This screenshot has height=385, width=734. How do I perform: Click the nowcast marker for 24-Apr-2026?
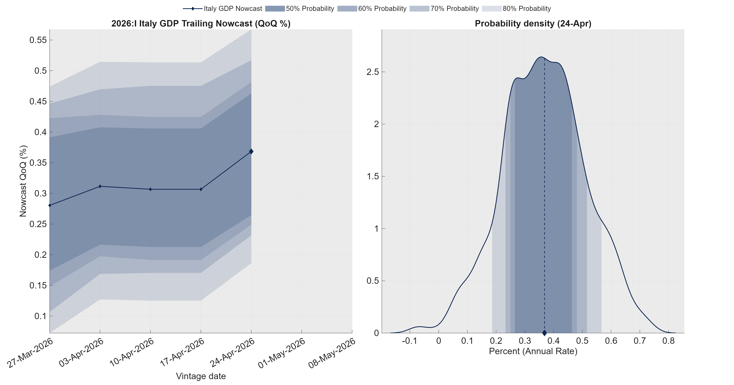pos(251,152)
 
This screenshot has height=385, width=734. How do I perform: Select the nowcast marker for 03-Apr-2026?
pos(100,186)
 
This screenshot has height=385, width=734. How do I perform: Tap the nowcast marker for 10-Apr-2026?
pos(150,189)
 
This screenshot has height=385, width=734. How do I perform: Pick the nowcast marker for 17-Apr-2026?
pos(201,189)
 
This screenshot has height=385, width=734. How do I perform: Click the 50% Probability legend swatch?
pos(275,9)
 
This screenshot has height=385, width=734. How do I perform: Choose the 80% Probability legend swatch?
pos(492,9)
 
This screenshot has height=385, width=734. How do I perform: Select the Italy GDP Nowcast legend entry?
pos(222,9)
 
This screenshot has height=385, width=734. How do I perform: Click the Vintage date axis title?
pos(201,376)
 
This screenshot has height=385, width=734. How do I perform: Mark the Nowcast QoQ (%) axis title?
pos(23,181)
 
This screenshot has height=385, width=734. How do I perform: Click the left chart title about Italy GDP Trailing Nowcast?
pos(201,23)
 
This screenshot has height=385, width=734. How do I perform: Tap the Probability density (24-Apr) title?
pos(533,23)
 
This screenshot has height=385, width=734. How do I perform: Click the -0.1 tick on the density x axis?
pos(410,341)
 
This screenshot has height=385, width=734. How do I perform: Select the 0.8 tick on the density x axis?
pos(668,341)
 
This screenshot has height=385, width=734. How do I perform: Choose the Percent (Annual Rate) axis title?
pos(533,351)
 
